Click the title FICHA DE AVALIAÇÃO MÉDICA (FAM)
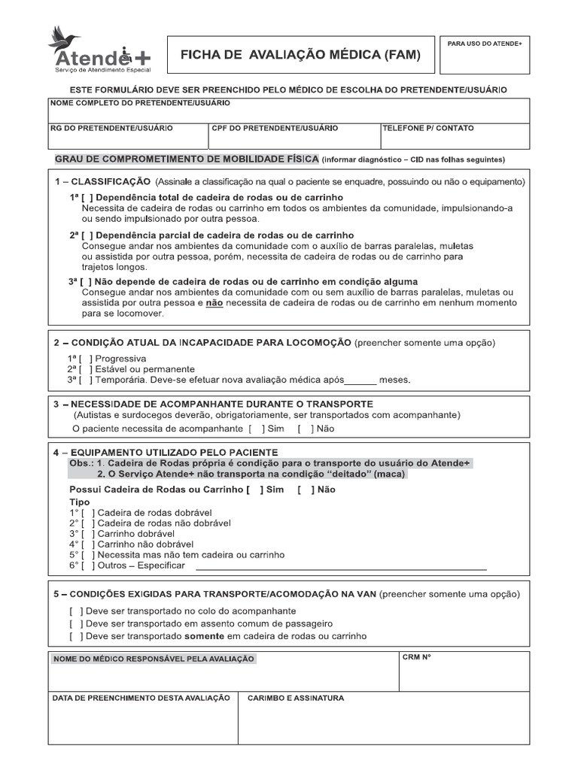tap(300, 55)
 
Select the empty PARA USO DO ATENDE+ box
tap(485, 60)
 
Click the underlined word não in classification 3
tap(214, 302)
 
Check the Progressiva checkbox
tap(85, 359)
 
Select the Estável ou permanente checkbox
tap(85, 369)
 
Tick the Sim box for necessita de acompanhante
tap(257, 429)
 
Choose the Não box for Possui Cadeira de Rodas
tap(306, 490)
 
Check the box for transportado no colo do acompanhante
tap(75, 611)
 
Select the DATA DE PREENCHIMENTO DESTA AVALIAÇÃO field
tap(143, 722)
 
